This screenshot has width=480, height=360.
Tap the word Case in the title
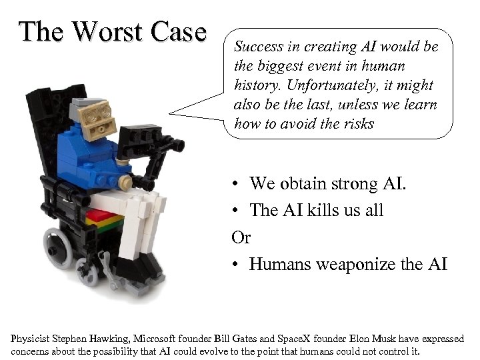point(175,31)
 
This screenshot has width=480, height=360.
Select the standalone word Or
point(241,237)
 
